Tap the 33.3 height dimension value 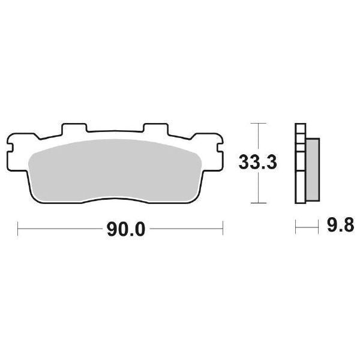pos(258,163)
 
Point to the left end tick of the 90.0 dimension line pos(19,229)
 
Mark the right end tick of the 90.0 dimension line pos(223,229)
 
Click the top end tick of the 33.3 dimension pos(257,123)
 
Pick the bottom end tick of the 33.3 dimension pos(257,203)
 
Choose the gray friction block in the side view pos(313,170)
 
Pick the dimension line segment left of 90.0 pos(60,229)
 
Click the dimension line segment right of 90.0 pos(186,229)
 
